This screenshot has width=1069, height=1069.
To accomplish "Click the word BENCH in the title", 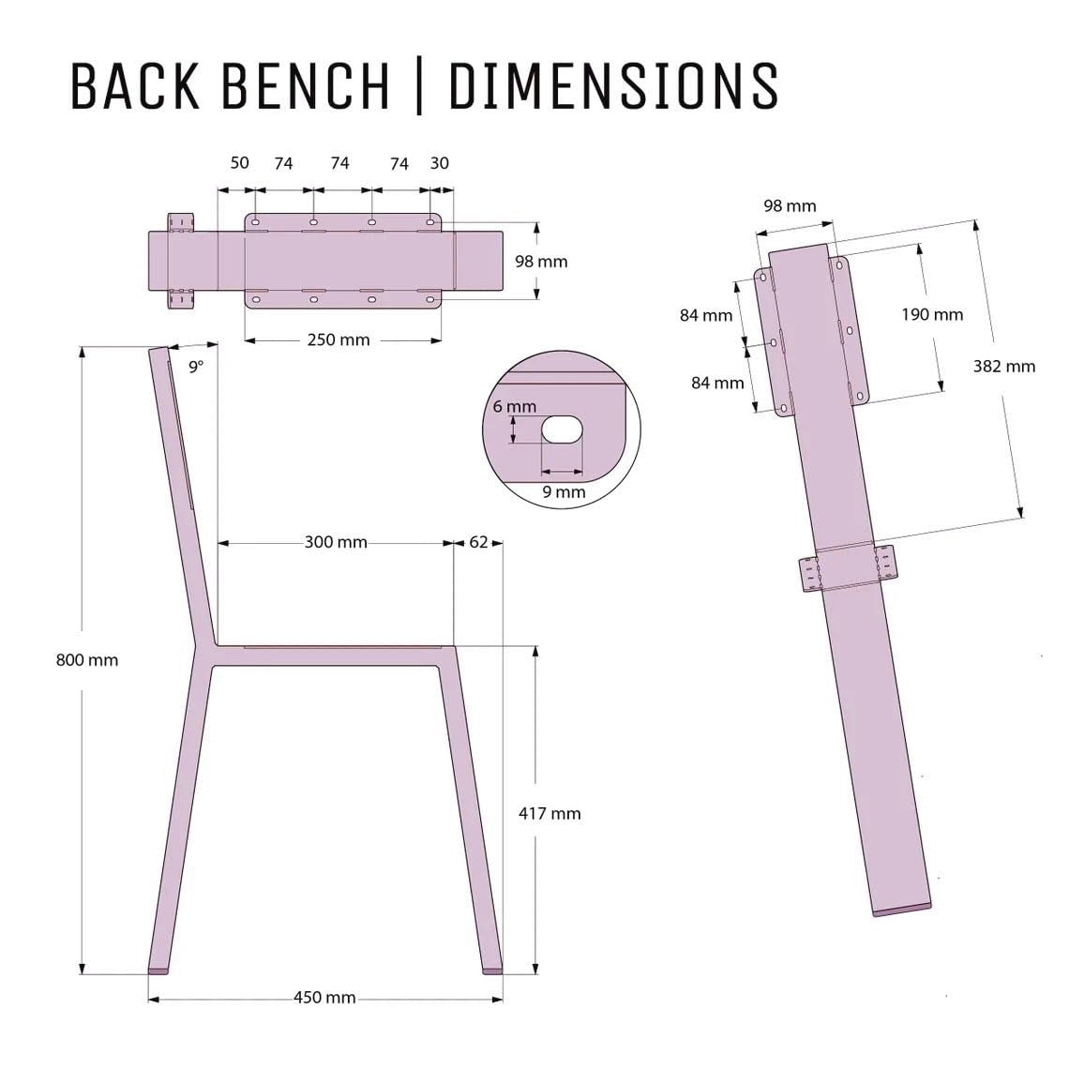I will pos(307,86).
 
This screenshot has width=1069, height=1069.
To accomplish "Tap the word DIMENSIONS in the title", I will pos(612,86).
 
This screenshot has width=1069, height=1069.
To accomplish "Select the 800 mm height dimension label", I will pos(87,660).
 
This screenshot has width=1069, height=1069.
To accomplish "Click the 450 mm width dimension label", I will pos(324,997).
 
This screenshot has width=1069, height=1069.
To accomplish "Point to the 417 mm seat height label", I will pos(550,813).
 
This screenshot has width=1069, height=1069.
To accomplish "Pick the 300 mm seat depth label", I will pos(336,542).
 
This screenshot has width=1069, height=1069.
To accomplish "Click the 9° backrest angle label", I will pos(196,367).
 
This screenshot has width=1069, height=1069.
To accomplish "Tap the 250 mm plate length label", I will pos(339,339).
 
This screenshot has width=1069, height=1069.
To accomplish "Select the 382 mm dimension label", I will pos(1004,366).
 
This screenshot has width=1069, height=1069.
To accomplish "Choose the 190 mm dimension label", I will pos(932,314).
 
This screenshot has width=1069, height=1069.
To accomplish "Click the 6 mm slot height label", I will pos(515,406).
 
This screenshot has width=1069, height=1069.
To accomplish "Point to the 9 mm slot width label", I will pos(564,491).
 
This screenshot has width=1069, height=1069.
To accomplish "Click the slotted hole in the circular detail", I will pos(562,429).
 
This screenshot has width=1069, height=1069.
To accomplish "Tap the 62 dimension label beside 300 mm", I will pos(478,542).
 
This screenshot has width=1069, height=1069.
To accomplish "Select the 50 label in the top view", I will pos(240,162).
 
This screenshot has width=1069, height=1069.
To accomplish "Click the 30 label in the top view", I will pos(439,162).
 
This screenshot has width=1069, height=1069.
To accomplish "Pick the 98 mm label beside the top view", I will pos(541,261).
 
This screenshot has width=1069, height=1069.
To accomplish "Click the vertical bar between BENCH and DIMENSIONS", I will pos(416,86).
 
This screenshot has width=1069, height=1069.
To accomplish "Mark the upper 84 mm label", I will pos(706,315).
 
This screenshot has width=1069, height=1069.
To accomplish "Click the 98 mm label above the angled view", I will pos(790,205).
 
